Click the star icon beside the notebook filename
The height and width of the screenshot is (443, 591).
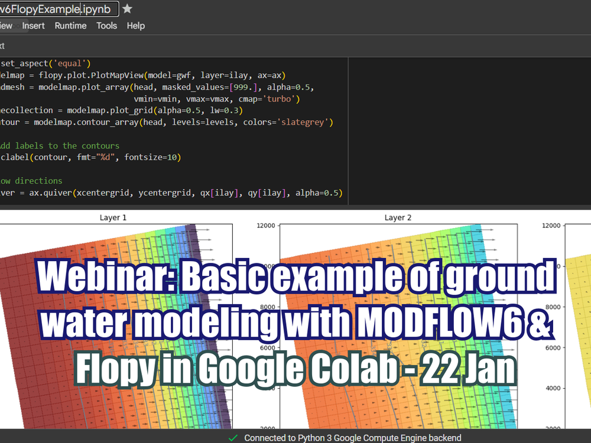128,9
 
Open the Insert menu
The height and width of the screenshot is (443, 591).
34,26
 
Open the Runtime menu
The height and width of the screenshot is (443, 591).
70,26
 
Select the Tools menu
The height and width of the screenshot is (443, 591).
107,26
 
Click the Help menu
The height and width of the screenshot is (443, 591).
136,26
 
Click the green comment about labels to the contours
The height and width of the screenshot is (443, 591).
59,145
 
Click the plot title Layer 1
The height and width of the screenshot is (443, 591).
113,218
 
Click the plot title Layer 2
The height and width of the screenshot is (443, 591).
398,218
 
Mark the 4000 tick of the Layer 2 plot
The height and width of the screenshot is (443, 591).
267,388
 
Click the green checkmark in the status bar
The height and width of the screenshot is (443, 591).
233,438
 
